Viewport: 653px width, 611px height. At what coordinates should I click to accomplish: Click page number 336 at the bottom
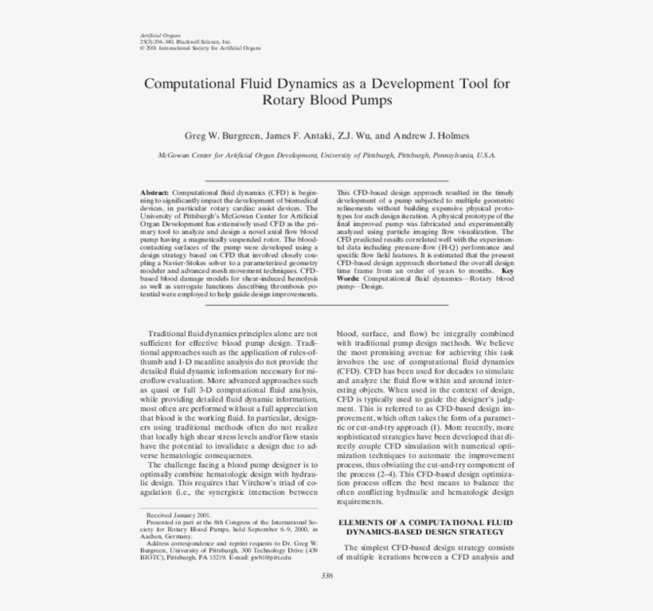tap(326, 577)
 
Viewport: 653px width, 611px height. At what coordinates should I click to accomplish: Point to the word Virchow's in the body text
tap(259, 483)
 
